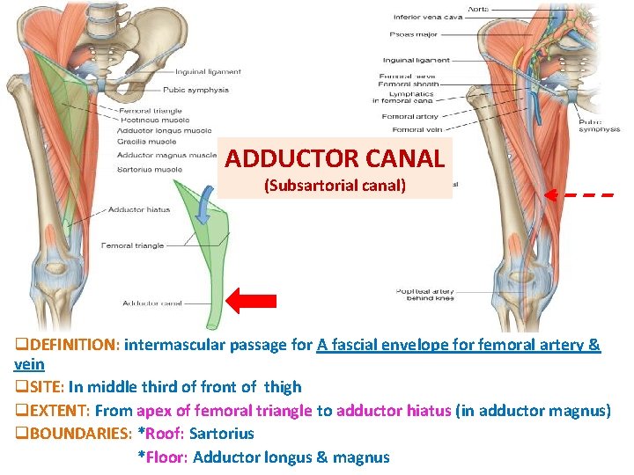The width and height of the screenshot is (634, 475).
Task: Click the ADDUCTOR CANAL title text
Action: point(334,158)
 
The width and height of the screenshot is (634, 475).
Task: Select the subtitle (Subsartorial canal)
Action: point(334,186)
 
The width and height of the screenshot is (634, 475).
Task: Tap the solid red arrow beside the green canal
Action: point(251,301)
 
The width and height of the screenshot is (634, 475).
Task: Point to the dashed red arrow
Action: point(577,194)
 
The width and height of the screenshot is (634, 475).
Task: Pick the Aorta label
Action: point(478,10)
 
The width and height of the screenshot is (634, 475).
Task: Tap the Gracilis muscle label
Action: point(146,142)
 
